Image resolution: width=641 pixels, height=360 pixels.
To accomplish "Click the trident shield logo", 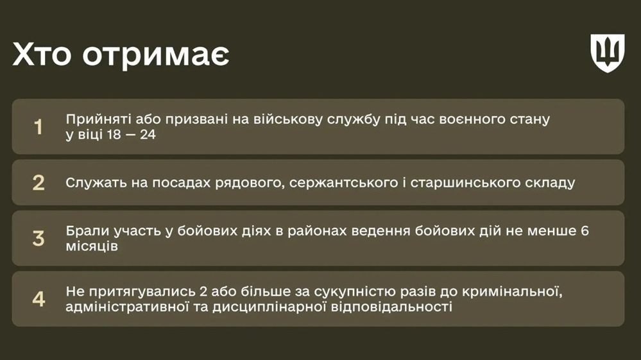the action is click(x=608, y=53).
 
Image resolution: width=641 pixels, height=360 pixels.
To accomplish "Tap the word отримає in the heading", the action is click(x=156, y=56).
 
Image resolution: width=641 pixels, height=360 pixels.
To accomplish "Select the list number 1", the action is click(x=38, y=126).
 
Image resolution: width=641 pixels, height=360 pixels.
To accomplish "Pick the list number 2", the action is click(x=38, y=183).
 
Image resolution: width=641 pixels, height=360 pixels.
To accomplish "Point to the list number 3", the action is click(x=38, y=239).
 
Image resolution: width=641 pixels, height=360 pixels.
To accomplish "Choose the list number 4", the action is click(x=38, y=299).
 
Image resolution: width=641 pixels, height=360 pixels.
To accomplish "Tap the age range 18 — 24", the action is click(x=132, y=134).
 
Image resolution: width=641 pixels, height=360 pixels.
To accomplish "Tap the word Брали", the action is click(x=87, y=231).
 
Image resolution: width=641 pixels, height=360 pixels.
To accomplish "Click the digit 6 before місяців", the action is click(x=585, y=231).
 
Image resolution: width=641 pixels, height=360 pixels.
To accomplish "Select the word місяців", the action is click(x=92, y=246).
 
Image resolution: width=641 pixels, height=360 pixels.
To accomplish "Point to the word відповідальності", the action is click(x=391, y=307).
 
